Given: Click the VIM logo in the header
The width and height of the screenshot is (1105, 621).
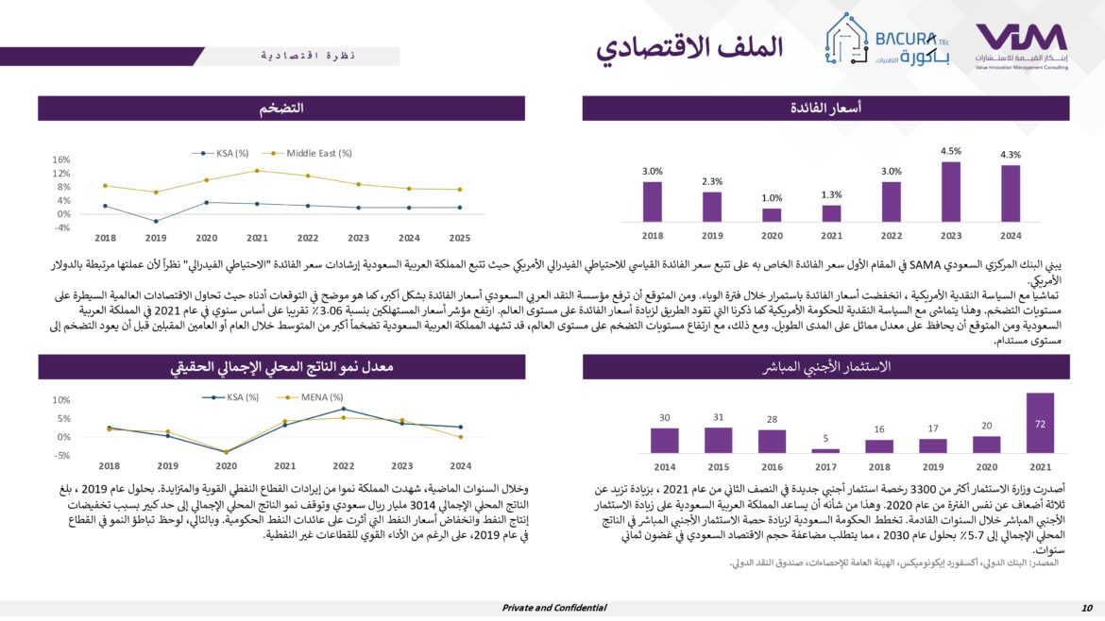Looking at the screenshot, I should (x=1021, y=42).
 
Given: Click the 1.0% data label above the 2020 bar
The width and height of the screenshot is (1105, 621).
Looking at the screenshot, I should (x=772, y=198).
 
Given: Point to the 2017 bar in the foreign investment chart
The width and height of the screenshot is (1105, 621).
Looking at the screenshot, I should (x=824, y=450).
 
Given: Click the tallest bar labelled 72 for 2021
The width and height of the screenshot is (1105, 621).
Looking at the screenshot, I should (x=1040, y=423).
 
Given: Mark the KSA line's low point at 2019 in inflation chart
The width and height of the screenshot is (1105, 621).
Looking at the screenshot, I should (x=156, y=222).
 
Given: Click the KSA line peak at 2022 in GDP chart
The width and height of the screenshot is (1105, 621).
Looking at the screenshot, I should (x=342, y=409).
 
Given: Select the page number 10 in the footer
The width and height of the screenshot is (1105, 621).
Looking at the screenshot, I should (x=1087, y=608).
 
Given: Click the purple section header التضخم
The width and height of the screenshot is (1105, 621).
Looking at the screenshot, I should (x=280, y=109).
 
